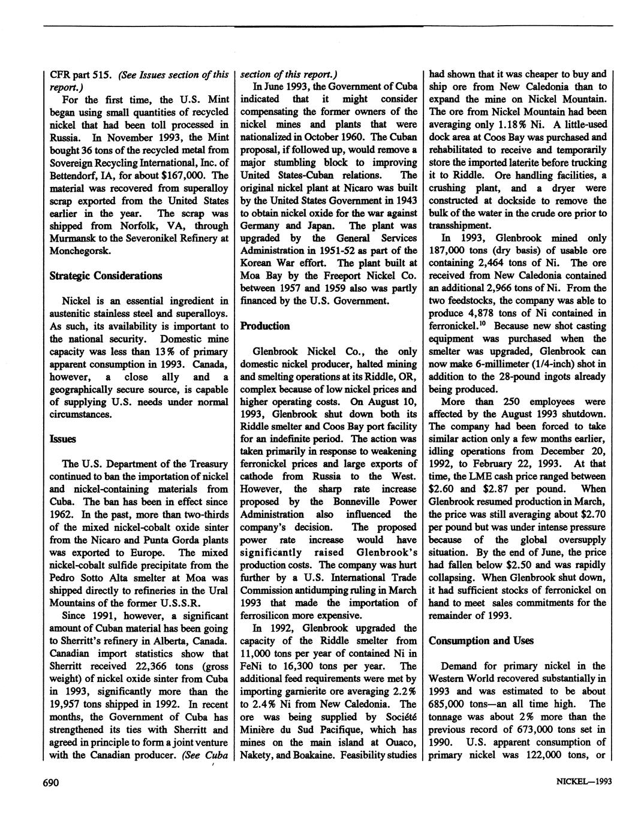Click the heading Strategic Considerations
tap(105, 276)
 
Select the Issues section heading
tap(62, 439)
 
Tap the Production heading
tap(264, 326)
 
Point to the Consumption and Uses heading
tap(481, 641)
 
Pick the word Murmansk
tap(74, 239)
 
